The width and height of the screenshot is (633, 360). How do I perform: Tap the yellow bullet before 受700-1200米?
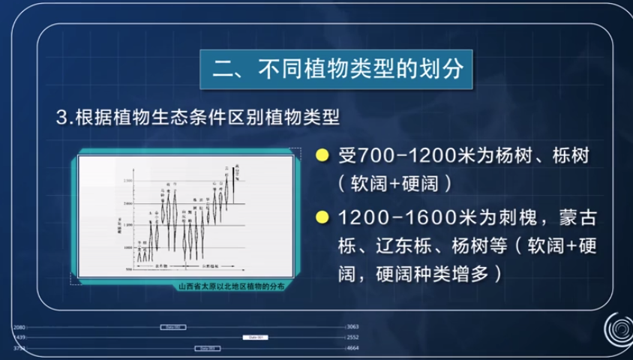tap(322, 155)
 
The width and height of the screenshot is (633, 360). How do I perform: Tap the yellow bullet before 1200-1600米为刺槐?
tap(322, 217)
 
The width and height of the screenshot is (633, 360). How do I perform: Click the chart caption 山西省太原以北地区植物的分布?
tap(231, 286)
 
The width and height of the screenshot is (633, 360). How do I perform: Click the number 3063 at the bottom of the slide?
tap(353, 328)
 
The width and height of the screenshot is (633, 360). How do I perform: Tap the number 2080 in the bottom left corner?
tap(19, 328)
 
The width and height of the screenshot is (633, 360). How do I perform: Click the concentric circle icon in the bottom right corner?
tap(616, 329)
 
